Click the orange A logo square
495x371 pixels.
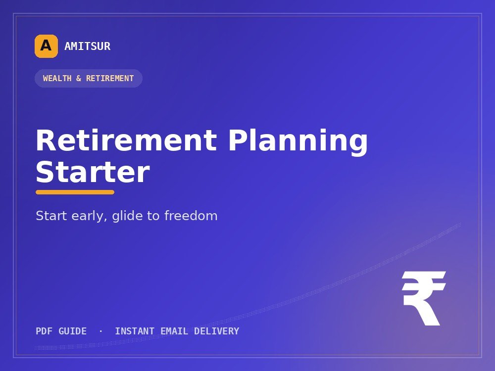click(46, 46)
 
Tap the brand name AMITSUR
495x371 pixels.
click(88, 46)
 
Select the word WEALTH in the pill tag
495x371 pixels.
click(57, 78)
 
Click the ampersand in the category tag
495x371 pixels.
click(79, 78)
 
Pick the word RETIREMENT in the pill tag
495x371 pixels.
click(110, 78)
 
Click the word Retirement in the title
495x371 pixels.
click(126, 140)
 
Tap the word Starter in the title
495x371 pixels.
click(93, 172)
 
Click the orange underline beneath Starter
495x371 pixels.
click(75, 192)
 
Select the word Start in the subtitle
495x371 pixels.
click(51, 216)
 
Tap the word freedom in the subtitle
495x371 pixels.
click(191, 216)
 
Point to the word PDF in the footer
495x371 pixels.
click(44, 331)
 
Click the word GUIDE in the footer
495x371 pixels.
click(73, 331)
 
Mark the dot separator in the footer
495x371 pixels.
click(100, 331)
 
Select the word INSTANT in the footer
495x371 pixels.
click(135, 331)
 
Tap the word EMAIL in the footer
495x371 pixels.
click(174, 331)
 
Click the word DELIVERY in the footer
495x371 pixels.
click(217, 331)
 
